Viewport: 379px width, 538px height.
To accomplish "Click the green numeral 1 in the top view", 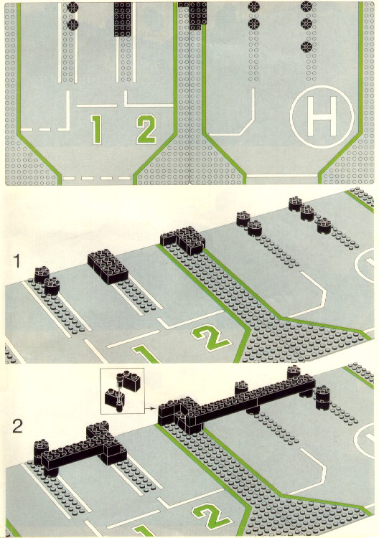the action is click(97, 130).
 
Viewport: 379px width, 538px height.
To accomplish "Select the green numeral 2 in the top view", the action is click(146, 129).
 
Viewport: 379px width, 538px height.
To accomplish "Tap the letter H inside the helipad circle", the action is click(322, 116).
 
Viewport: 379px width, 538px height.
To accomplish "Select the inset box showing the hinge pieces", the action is click(123, 391).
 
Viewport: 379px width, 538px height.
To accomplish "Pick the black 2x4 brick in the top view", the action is click(123, 19).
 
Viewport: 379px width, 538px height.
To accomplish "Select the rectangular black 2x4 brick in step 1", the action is click(108, 267).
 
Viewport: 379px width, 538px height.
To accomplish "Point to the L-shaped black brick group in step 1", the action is click(182, 240).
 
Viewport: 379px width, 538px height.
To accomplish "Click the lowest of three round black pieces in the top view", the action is click(307, 47).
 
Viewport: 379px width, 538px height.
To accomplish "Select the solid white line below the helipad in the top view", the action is click(282, 176).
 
